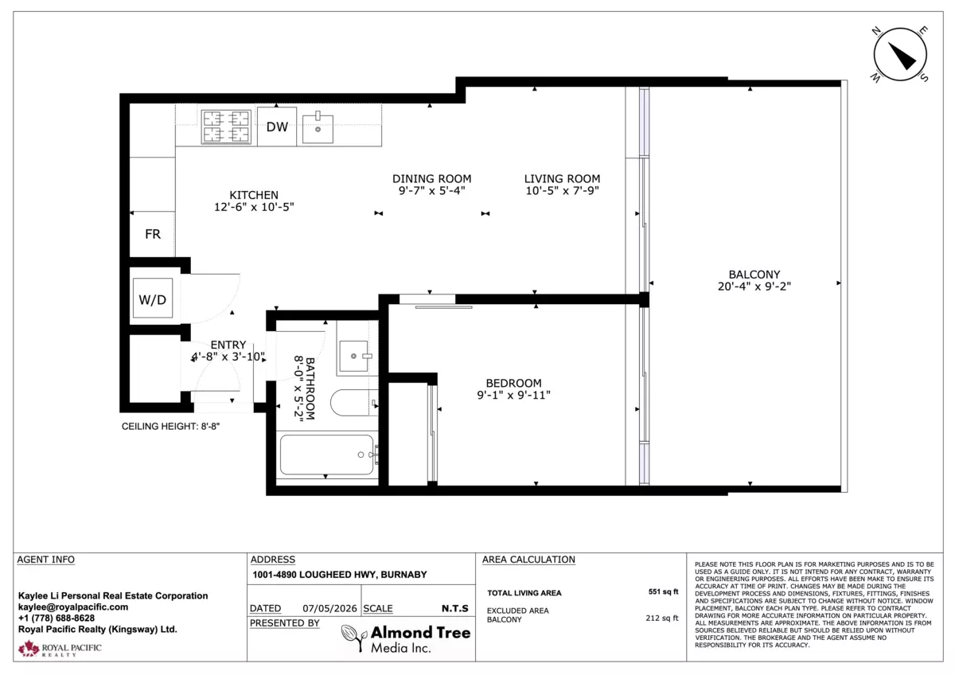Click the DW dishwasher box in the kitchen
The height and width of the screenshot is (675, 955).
point(277,127)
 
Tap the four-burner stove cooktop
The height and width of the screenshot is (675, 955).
point(226,127)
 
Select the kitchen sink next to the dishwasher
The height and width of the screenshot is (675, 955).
point(318,127)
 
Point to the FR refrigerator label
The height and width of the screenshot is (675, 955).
point(153,234)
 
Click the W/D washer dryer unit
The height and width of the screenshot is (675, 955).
point(153,298)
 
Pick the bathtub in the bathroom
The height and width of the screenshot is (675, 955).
point(327,455)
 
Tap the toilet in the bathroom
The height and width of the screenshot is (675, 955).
point(353,403)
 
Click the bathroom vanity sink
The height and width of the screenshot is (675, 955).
point(353,356)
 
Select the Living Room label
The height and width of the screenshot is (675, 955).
point(562,178)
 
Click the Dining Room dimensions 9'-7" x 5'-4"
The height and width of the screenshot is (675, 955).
point(431,190)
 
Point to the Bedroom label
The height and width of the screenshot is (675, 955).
point(513,384)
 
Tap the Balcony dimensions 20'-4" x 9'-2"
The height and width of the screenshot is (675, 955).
point(754,287)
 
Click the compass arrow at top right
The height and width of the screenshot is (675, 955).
point(902,56)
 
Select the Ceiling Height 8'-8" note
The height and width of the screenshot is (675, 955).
point(170,427)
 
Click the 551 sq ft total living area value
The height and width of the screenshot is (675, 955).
point(663,592)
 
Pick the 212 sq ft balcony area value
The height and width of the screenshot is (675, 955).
point(661,618)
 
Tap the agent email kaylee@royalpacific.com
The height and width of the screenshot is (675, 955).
point(73,607)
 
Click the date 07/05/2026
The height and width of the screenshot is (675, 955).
point(329,608)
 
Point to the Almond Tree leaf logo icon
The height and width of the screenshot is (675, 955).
point(354,638)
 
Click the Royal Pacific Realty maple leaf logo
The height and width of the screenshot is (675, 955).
point(29,648)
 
